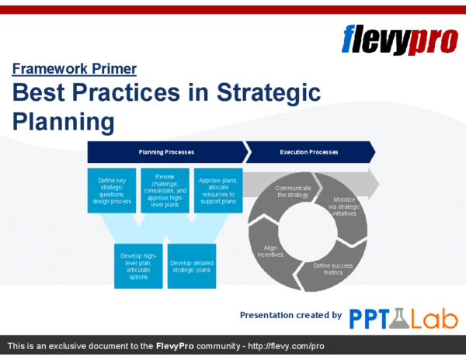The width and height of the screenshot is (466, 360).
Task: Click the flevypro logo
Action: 400,40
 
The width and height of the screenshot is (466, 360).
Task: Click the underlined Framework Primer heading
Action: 75,69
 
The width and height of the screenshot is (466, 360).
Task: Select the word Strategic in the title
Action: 269,92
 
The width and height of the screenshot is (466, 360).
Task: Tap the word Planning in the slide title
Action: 64,121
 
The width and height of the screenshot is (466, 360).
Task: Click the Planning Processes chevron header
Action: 167,152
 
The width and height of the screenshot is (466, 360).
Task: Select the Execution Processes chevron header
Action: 310,152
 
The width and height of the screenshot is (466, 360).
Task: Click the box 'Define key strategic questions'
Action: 112,191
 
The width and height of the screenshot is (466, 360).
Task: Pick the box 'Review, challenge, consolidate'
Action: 165,191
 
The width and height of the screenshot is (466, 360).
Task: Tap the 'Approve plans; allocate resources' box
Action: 218,191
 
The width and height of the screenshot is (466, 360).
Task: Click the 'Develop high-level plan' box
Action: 138,266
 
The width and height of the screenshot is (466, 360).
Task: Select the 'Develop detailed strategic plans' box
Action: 192,266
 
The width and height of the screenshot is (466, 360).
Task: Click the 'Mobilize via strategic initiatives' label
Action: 344,206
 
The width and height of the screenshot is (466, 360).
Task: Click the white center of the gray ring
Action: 308,231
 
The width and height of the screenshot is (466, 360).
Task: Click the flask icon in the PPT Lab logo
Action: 399,318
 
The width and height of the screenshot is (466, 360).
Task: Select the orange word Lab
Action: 434,318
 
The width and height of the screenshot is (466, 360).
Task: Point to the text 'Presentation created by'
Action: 290,315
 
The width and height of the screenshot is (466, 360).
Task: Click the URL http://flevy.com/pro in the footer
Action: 286,346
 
